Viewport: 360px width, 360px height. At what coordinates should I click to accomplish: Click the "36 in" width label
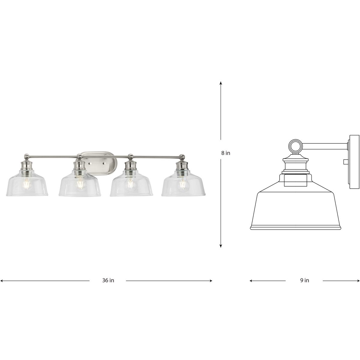(x=108, y=280)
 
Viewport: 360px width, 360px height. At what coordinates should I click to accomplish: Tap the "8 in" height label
(x=226, y=153)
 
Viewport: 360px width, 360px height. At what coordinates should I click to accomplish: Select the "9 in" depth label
(x=304, y=280)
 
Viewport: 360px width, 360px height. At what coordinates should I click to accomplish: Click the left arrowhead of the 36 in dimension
(x=2, y=281)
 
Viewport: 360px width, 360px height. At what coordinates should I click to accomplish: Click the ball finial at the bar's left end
(x=27, y=156)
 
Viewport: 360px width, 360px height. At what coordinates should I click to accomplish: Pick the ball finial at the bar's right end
(x=182, y=156)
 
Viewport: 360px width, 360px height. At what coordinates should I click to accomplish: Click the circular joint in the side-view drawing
(x=295, y=146)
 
